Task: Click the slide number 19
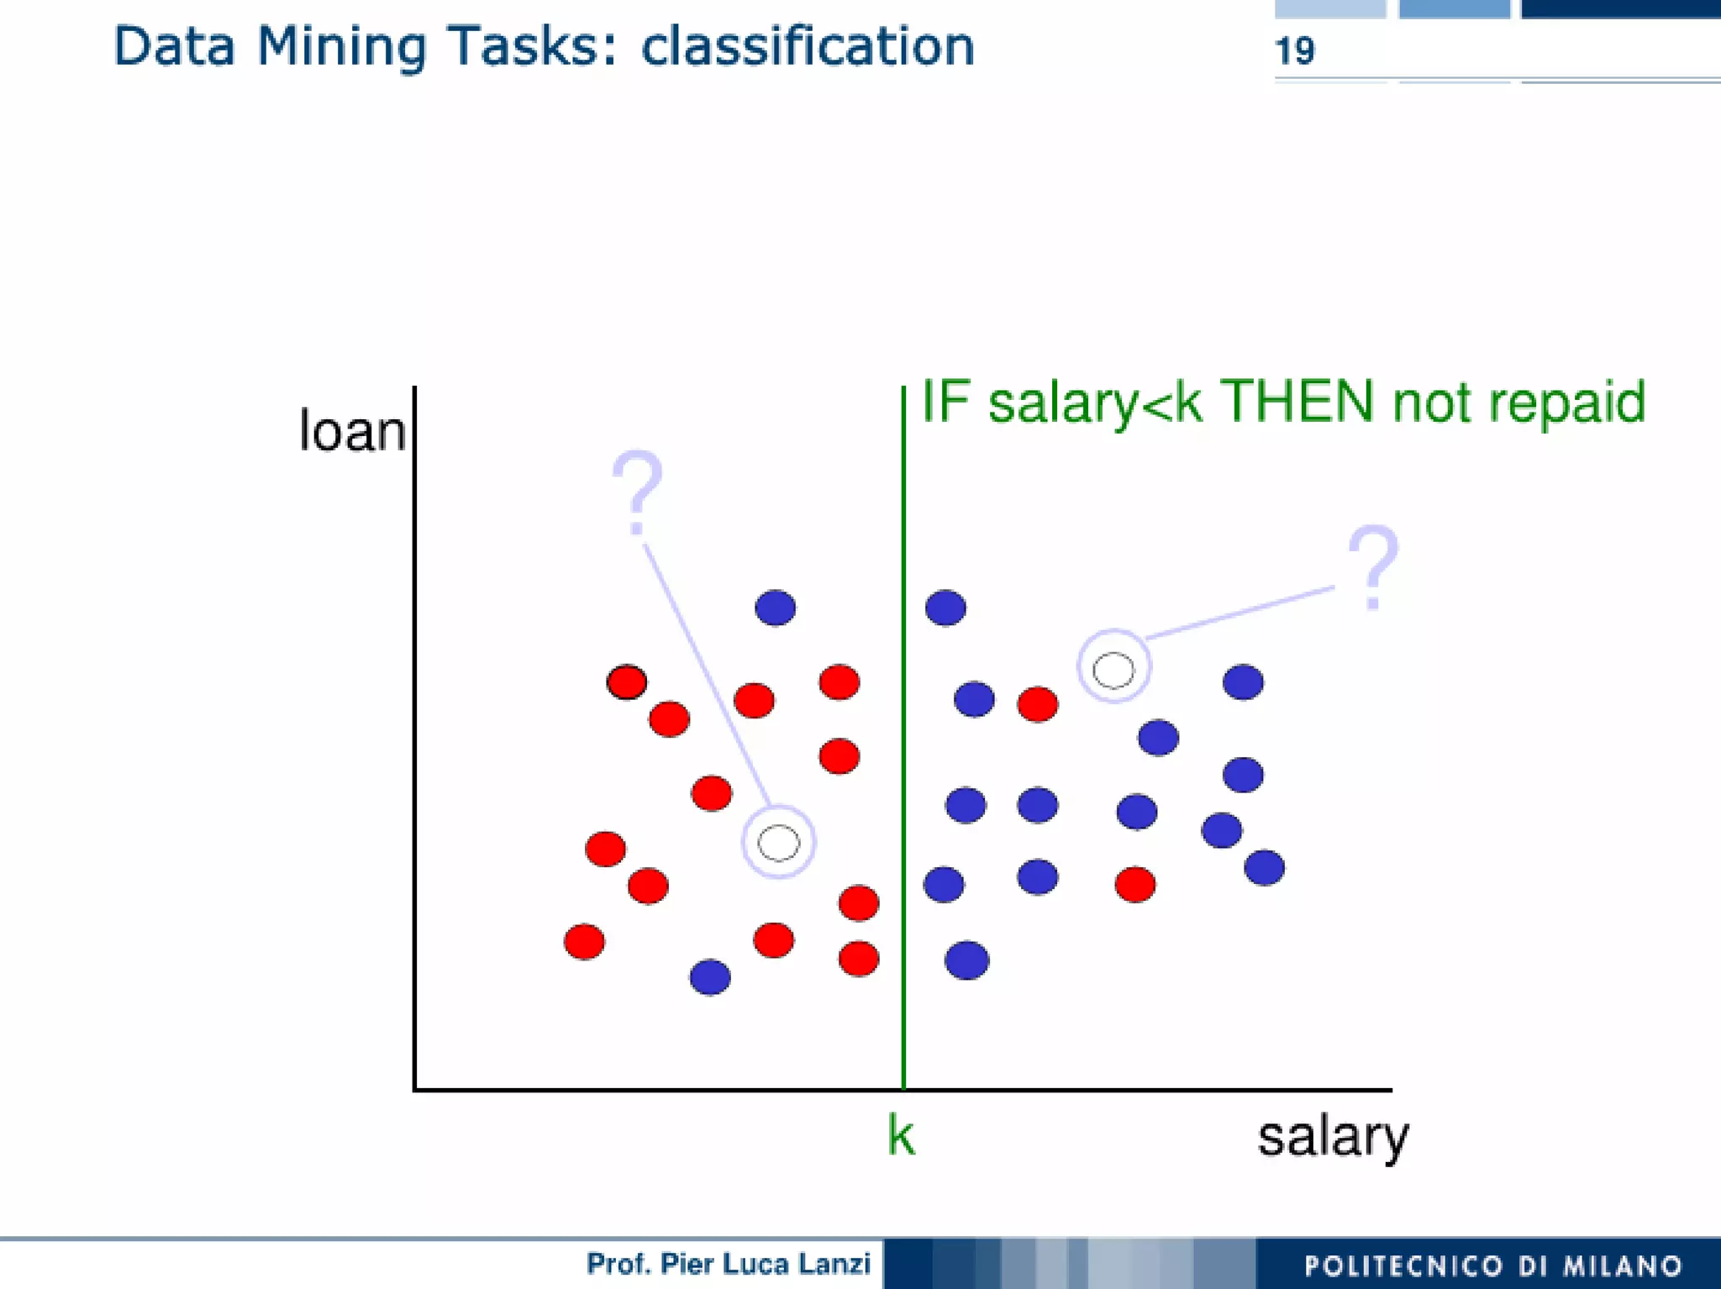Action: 1294,51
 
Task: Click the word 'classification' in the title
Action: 808,46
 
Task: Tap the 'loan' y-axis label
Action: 352,431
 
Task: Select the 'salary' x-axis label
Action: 1332,1137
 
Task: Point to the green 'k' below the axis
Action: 901,1136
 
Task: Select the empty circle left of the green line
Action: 778,842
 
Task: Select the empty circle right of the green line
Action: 1113,670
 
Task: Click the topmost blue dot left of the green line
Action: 775,608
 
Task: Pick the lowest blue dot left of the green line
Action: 710,976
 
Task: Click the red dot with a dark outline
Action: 626,681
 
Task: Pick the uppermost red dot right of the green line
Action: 1037,704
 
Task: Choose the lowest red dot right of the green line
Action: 1134,884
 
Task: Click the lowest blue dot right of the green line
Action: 966,960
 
